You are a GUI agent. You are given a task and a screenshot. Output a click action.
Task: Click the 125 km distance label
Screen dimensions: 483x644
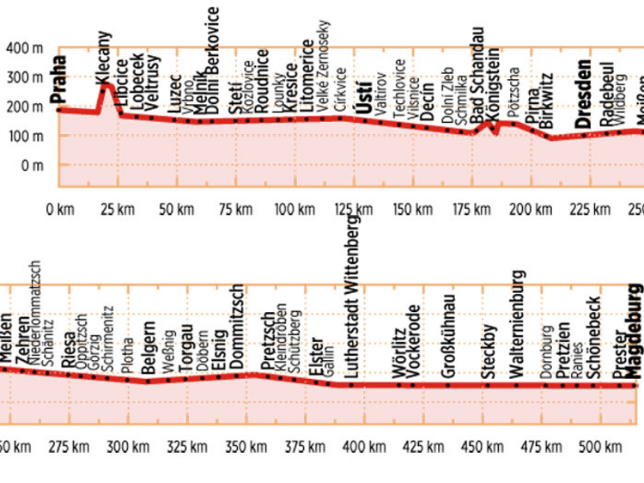tap(354, 208)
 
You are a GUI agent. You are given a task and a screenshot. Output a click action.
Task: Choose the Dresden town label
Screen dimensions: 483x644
tap(584, 94)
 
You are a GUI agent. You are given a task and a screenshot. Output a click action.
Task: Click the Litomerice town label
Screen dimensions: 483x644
tap(308, 78)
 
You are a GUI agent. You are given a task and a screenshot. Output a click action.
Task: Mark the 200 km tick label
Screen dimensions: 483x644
tap(530, 208)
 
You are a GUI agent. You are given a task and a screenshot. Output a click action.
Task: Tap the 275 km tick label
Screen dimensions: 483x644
tap(70, 447)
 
